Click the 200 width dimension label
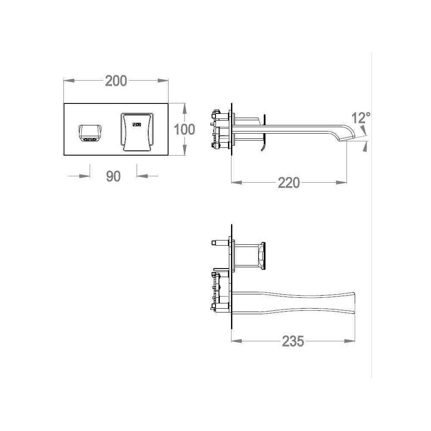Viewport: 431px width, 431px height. click(116, 81)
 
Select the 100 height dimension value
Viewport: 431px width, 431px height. click(185, 129)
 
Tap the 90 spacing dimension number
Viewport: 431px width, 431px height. click(113, 176)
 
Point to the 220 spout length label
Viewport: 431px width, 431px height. click(289, 182)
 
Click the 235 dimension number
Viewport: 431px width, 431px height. click(293, 341)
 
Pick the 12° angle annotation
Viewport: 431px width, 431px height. click(361, 118)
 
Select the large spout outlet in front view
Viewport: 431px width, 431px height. click(137, 131)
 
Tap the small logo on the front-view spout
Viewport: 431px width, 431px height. click(137, 124)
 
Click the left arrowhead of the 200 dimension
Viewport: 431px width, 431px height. click(69, 81)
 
